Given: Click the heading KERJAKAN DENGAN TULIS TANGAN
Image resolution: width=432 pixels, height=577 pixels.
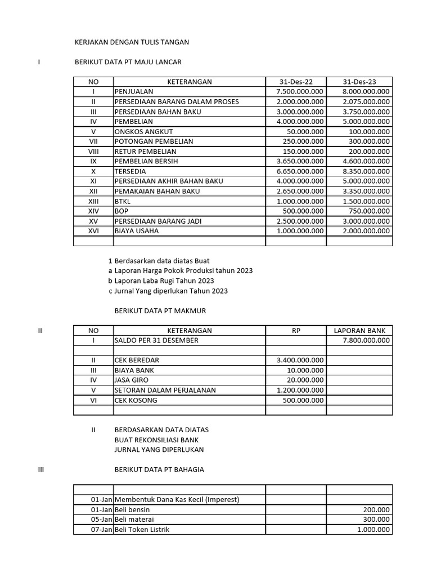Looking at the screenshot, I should click(x=132, y=42).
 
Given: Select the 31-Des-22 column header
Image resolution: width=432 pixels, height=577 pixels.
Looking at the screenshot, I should click(x=296, y=82).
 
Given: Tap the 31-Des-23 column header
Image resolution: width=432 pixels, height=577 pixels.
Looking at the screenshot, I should click(x=359, y=82).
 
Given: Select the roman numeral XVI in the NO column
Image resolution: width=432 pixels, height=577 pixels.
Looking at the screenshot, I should click(x=93, y=231).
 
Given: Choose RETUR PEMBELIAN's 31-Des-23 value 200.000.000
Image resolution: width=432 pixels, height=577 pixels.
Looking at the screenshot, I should click(x=368, y=151).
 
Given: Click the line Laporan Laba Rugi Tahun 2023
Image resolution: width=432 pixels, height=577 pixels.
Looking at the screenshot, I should click(x=164, y=281).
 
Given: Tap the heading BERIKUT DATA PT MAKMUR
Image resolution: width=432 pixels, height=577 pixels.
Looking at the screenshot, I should click(x=156, y=311).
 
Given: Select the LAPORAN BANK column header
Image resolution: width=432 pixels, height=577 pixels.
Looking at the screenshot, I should click(x=359, y=331).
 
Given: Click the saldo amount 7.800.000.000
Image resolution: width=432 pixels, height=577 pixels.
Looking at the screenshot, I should click(x=366, y=340).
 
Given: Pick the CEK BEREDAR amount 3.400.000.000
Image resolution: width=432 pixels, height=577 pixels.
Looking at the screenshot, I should click(x=300, y=360).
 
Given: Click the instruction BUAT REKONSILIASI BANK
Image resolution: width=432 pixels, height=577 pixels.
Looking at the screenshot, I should click(x=156, y=440).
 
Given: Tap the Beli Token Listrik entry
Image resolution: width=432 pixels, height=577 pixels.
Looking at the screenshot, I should click(x=142, y=530).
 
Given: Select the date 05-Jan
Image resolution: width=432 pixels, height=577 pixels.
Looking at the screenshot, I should click(x=102, y=520).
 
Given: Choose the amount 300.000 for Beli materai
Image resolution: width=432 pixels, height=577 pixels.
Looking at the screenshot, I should click(x=377, y=520).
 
